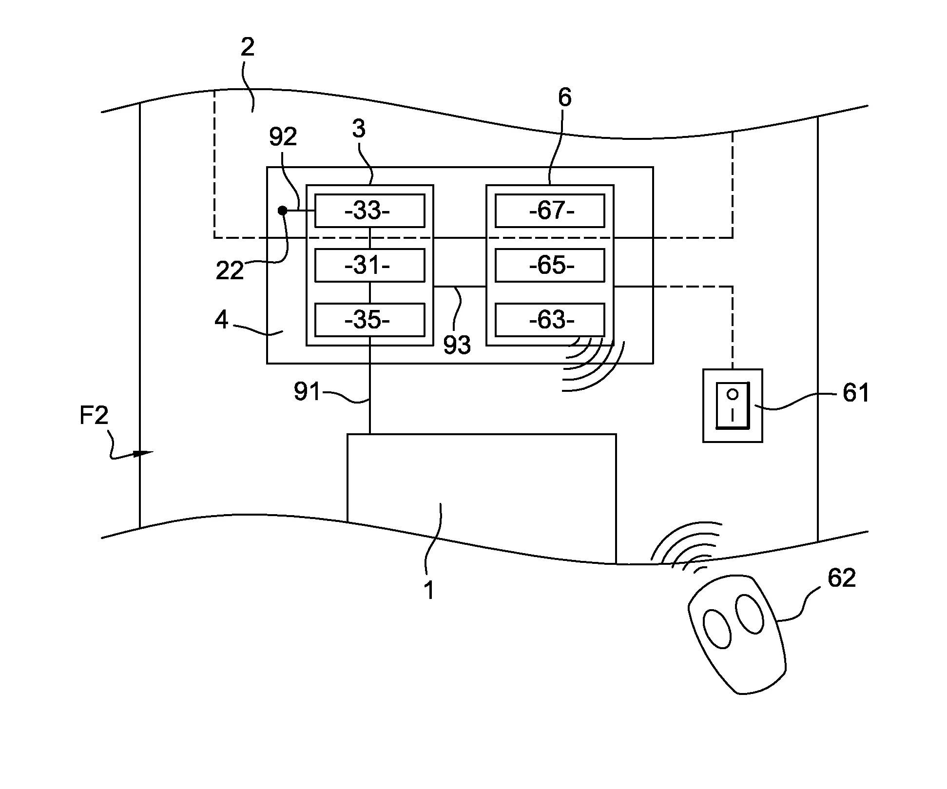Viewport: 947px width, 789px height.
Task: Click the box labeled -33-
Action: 369,211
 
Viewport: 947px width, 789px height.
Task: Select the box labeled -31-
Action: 369,266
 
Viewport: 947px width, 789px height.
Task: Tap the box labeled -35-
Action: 369,320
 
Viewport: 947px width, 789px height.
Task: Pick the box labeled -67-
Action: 550,211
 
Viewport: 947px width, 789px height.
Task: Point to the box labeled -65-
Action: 550,266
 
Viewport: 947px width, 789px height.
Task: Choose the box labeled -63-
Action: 550,320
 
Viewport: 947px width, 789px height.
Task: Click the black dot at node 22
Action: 282,211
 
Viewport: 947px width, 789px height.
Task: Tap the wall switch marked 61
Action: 732,405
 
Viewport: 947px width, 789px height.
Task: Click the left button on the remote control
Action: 717,629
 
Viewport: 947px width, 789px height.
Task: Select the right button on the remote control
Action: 749,613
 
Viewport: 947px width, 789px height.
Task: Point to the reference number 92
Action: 283,138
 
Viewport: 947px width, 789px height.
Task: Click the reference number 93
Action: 457,345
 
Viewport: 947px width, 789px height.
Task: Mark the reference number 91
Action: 307,392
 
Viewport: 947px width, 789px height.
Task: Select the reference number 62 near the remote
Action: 842,578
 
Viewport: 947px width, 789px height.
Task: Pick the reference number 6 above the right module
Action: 564,98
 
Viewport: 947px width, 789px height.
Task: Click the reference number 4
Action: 221,320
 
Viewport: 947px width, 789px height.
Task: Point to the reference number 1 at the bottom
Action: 428,591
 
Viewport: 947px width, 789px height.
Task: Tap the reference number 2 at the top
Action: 248,47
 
